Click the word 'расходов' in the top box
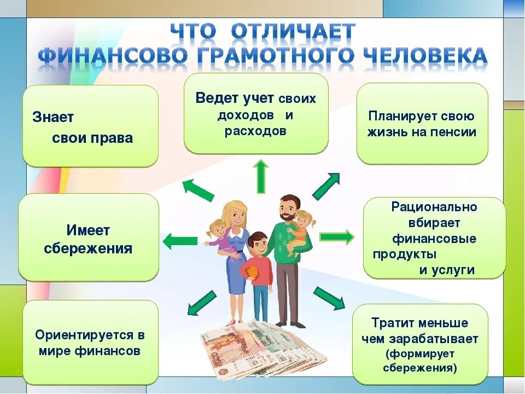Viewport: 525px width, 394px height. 255,131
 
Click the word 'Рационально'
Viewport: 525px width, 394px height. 434,207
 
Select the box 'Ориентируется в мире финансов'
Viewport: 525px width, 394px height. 90,343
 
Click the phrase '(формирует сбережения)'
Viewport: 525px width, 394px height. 420,361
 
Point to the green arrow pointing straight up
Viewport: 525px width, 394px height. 261,176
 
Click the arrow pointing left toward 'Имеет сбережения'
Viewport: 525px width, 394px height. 180,240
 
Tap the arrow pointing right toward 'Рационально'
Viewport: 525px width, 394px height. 336,237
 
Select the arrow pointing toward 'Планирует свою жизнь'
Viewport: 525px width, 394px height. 326,186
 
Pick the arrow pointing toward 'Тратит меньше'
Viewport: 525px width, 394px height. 329,298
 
